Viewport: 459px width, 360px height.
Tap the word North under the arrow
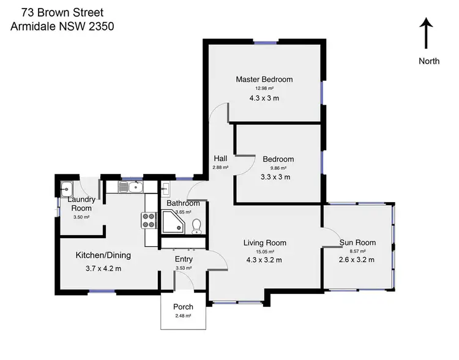[428, 61]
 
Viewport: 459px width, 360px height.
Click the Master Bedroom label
[264, 79]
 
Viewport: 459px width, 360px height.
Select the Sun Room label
[357, 242]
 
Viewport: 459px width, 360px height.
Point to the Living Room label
[265, 242]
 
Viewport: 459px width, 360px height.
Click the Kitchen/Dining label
[103, 255]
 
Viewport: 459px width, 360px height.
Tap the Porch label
[184, 307]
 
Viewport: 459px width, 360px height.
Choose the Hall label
[220, 158]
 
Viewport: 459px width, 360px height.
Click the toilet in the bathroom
[196, 228]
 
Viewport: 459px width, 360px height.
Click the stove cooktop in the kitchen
[149, 220]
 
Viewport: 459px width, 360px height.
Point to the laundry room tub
[67, 188]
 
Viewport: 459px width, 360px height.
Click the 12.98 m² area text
[264, 88]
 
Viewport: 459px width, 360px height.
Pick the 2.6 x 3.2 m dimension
[357, 260]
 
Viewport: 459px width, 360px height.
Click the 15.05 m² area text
[265, 251]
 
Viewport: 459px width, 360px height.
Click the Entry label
[184, 259]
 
